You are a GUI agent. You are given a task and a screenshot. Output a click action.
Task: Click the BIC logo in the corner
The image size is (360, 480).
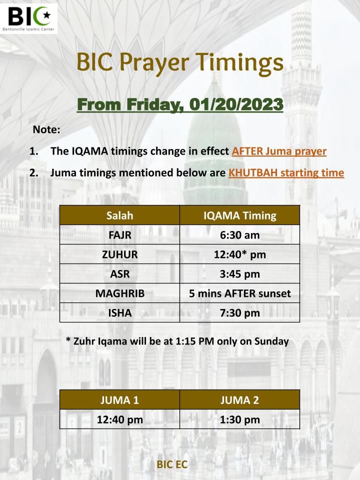point(29,18)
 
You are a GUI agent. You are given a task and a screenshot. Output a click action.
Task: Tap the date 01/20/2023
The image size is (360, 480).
point(236,104)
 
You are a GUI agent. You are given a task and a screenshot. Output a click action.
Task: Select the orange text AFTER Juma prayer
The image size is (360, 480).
point(279,151)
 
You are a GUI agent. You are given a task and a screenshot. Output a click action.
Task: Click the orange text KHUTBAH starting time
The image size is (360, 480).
point(286,172)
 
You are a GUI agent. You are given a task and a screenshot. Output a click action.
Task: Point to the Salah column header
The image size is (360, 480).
point(119,215)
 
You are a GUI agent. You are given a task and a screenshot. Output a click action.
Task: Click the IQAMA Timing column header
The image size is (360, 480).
point(239,215)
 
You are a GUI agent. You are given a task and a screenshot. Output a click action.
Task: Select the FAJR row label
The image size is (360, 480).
point(119,235)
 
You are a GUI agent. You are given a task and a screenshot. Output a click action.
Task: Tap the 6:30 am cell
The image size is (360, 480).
point(239,235)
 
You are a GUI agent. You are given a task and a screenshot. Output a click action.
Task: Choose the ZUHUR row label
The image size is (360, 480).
point(119,254)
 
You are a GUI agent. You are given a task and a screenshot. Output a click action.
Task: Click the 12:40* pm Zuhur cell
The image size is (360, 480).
point(239,254)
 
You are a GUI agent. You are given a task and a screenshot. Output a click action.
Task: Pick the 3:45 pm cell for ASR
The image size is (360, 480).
point(239,274)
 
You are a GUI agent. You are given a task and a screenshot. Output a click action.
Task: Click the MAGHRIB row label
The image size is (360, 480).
point(119,293)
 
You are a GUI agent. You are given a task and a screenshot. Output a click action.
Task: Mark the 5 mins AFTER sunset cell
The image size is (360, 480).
point(239,293)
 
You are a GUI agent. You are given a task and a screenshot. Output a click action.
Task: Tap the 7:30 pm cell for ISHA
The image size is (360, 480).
point(239,313)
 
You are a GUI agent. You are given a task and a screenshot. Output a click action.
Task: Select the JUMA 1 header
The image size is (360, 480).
point(119,400)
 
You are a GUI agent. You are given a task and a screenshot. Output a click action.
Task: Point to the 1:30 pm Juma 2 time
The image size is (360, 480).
point(239,419)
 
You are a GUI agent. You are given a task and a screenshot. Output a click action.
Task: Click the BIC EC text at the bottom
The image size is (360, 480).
point(172,464)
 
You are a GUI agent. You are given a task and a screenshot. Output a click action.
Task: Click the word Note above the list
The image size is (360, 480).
point(46,129)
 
